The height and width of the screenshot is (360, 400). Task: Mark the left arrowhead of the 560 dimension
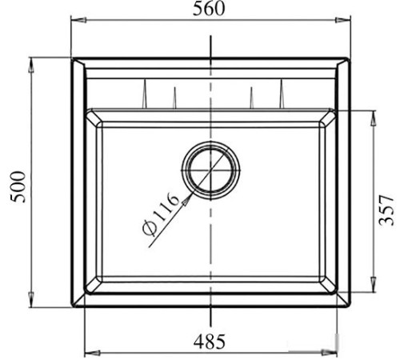[74, 22]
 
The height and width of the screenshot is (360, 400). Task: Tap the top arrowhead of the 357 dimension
[372, 113]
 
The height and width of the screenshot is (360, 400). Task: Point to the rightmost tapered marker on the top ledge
[281, 94]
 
